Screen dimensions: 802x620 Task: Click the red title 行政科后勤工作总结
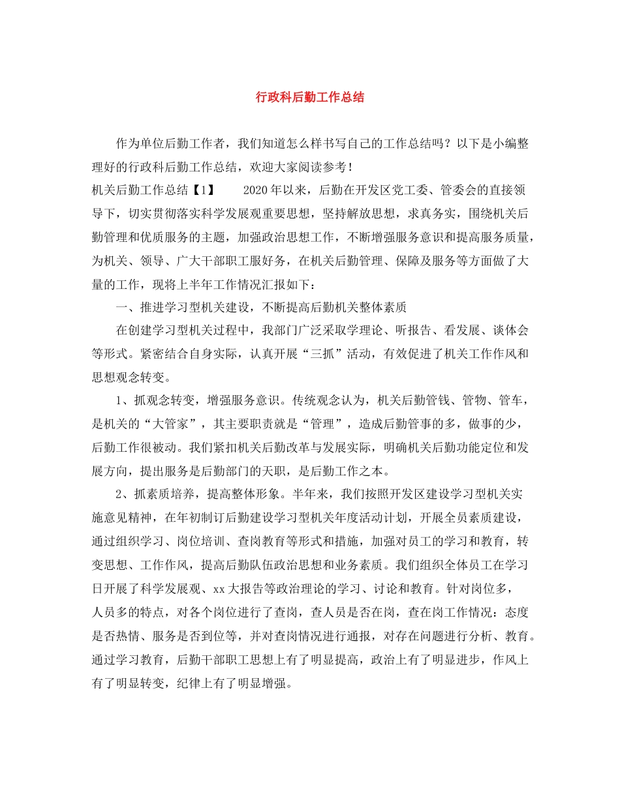309,97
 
